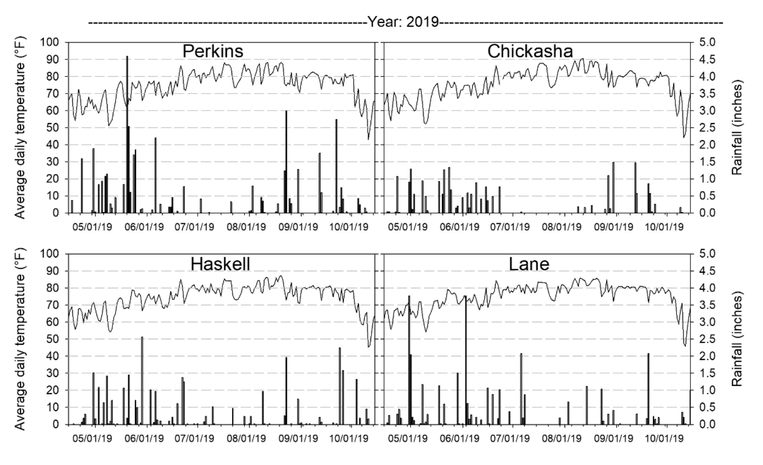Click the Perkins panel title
click(x=213, y=51)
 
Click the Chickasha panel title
click(x=530, y=51)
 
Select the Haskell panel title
click(x=220, y=264)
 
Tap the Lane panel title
click(x=529, y=264)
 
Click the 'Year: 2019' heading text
click(x=403, y=22)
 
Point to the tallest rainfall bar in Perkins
click(x=127, y=135)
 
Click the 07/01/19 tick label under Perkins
click(x=195, y=227)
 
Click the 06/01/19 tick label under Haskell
click(x=144, y=438)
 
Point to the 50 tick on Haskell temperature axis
click(x=55, y=339)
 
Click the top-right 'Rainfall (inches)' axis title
click(x=736, y=128)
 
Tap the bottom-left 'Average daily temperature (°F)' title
click(x=21, y=339)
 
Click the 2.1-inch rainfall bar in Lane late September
click(x=648, y=389)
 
